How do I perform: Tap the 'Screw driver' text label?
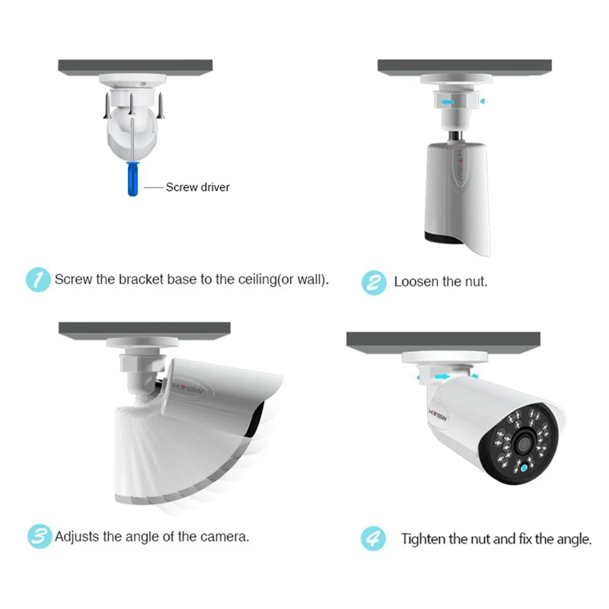[x=198, y=187]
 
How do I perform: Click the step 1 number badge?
[x=37, y=279]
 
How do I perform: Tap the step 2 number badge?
[x=373, y=281]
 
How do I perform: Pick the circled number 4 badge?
[x=373, y=538]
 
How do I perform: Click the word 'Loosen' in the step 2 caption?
[x=416, y=282]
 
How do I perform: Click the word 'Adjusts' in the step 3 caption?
[x=78, y=537]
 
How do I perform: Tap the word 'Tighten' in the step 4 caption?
[x=423, y=539]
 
